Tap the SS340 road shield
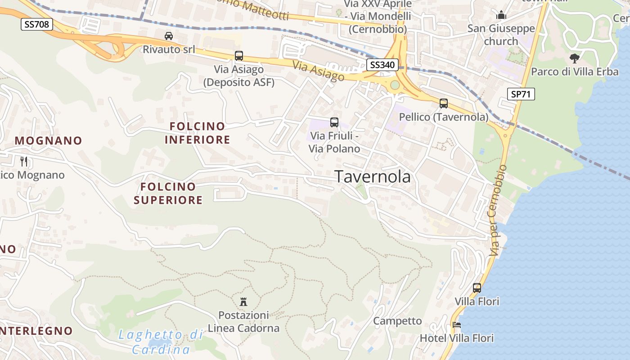[382, 65]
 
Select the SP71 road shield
[521, 94]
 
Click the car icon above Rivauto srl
[169, 36]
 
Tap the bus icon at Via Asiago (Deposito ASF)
[239, 56]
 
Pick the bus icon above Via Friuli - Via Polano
[334, 122]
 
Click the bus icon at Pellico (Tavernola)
[444, 103]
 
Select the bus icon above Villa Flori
[477, 288]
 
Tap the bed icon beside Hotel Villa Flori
[457, 324]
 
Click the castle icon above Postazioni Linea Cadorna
[243, 301]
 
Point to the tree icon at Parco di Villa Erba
[574, 58]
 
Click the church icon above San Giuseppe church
[501, 15]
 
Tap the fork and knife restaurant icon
[24, 161]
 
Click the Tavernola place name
[373, 177]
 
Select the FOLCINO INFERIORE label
[197, 133]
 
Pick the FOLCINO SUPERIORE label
[168, 193]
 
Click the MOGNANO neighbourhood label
[49, 140]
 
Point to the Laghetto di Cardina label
[160, 342]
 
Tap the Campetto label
[397, 321]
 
